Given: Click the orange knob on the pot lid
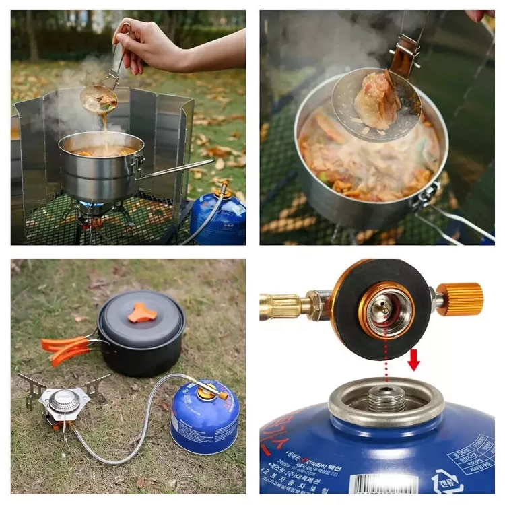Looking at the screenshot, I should [142, 312].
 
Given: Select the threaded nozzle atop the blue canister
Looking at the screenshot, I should [386, 399].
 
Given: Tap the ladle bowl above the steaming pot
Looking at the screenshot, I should [98, 100].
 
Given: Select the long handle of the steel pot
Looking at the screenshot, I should [176, 169].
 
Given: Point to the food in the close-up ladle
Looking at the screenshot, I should [378, 101].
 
